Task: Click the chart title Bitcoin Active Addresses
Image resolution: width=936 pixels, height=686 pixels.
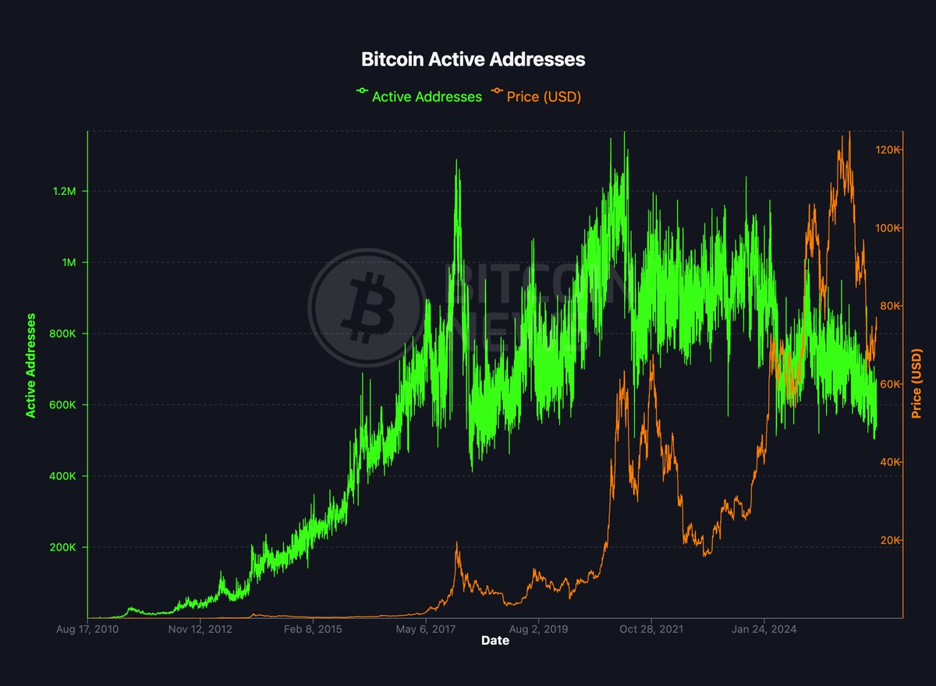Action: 473,59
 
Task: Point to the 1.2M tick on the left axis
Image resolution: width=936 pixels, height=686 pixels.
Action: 63,192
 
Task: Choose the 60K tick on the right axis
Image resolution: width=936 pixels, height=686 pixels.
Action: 919,384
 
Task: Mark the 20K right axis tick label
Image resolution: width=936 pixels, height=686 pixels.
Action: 919,540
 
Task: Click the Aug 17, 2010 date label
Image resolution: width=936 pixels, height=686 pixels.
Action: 87,629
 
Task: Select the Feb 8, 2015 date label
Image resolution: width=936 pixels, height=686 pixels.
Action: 313,629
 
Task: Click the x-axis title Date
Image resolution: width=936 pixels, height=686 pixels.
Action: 495,642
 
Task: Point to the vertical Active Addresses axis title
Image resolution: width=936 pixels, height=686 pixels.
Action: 31,365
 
